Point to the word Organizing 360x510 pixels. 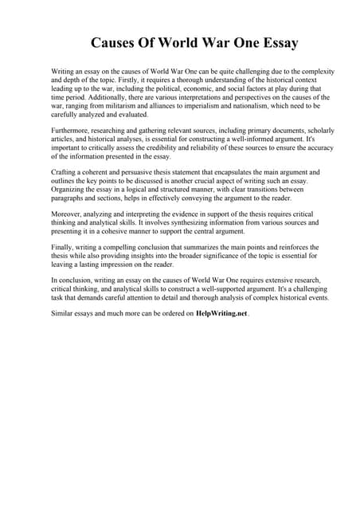pyautogui.click(x=72, y=189)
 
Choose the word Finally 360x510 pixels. pyautogui.click(x=64, y=248)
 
